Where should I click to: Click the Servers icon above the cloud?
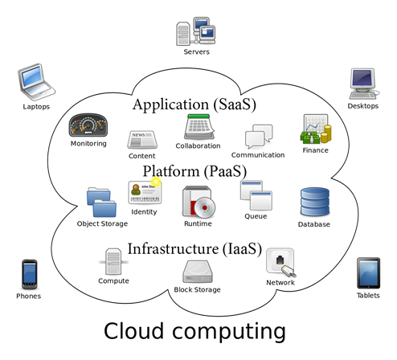(x=196, y=31)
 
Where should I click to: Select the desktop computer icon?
(x=363, y=84)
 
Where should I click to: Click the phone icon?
(x=30, y=275)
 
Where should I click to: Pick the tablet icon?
(x=368, y=273)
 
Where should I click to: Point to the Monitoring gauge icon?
(x=88, y=125)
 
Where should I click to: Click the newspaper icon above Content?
(x=142, y=140)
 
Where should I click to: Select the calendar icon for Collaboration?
(x=199, y=127)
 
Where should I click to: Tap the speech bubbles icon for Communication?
(x=259, y=137)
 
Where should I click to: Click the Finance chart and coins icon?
(x=316, y=129)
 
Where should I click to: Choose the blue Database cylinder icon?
(x=315, y=202)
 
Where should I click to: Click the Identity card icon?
(x=145, y=192)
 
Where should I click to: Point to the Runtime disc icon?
(x=198, y=202)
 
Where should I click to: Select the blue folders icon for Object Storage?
(x=101, y=202)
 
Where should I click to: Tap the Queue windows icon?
(x=256, y=195)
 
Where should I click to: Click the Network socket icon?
(x=280, y=263)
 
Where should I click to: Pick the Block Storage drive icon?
(x=198, y=272)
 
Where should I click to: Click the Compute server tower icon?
(x=113, y=262)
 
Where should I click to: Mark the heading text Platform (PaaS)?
(x=194, y=171)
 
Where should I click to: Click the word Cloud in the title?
(x=133, y=331)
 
